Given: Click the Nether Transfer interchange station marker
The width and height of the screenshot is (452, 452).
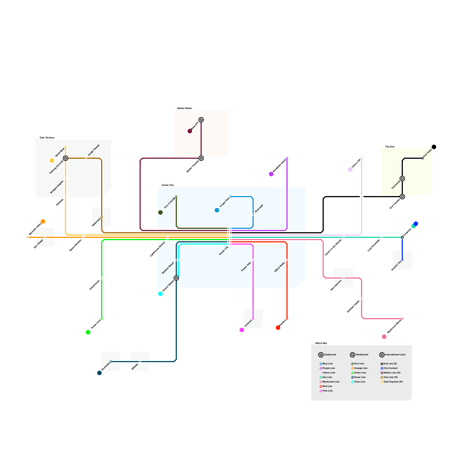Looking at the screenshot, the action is (x=201, y=158).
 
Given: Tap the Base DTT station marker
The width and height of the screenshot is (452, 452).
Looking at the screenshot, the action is (x=201, y=120).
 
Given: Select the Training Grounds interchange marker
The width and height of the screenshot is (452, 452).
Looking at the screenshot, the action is (x=66, y=158).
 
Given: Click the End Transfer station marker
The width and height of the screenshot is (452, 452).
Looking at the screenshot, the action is (x=402, y=197).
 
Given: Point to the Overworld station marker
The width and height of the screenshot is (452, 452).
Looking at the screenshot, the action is (x=402, y=179).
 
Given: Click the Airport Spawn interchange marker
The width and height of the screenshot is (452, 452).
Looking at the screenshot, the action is (x=176, y=278).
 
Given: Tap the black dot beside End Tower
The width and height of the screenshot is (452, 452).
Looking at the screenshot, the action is (x=434, y=147).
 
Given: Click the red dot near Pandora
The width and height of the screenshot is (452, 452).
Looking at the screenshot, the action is (x=278, y=328).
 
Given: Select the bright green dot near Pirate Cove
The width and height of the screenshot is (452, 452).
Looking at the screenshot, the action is (x=88, y=332).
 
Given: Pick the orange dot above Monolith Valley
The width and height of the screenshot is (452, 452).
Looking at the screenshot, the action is (x=43, y=221).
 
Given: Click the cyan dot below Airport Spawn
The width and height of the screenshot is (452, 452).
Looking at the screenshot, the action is (x=160, y=294).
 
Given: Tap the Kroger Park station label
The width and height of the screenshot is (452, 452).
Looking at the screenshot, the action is (x=225, y=202).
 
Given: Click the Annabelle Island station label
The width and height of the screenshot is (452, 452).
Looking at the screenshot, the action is (x=279, y=166).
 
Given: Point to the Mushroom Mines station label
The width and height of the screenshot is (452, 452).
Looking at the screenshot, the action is (x=394, y=327).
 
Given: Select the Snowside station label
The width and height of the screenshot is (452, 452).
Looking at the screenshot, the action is (x=106, y=366).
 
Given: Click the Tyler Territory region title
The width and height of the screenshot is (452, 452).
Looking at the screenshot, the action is (x=47, y=138).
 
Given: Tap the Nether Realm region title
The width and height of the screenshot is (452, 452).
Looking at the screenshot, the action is (x=185, y=108).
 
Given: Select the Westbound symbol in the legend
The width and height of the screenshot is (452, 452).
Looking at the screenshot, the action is (x=353, y=355).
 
